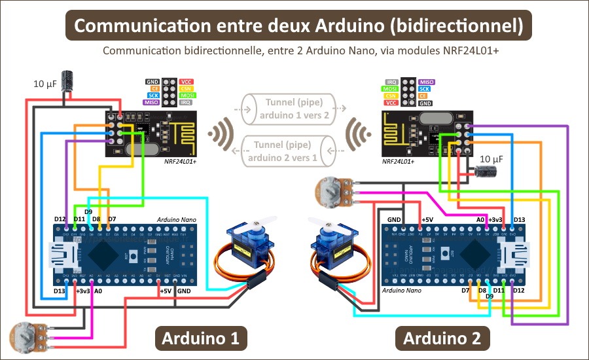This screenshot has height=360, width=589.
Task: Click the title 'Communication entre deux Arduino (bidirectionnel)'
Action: click(x=298, y=26)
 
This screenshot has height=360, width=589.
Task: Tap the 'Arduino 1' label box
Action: click(x=200, y=338)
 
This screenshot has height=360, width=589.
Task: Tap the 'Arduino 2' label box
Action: click(x=442, y=338)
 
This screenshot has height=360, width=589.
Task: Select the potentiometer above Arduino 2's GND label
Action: click(x=329, y=190)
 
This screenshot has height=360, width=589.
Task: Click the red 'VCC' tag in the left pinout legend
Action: click(x=187, y=82)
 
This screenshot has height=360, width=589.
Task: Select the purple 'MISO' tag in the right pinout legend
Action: click(x=426, y=82)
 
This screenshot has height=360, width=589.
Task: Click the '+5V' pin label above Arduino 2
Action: click(x=427, y=219)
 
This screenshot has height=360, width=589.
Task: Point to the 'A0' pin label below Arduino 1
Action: click(x=98, y=290)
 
